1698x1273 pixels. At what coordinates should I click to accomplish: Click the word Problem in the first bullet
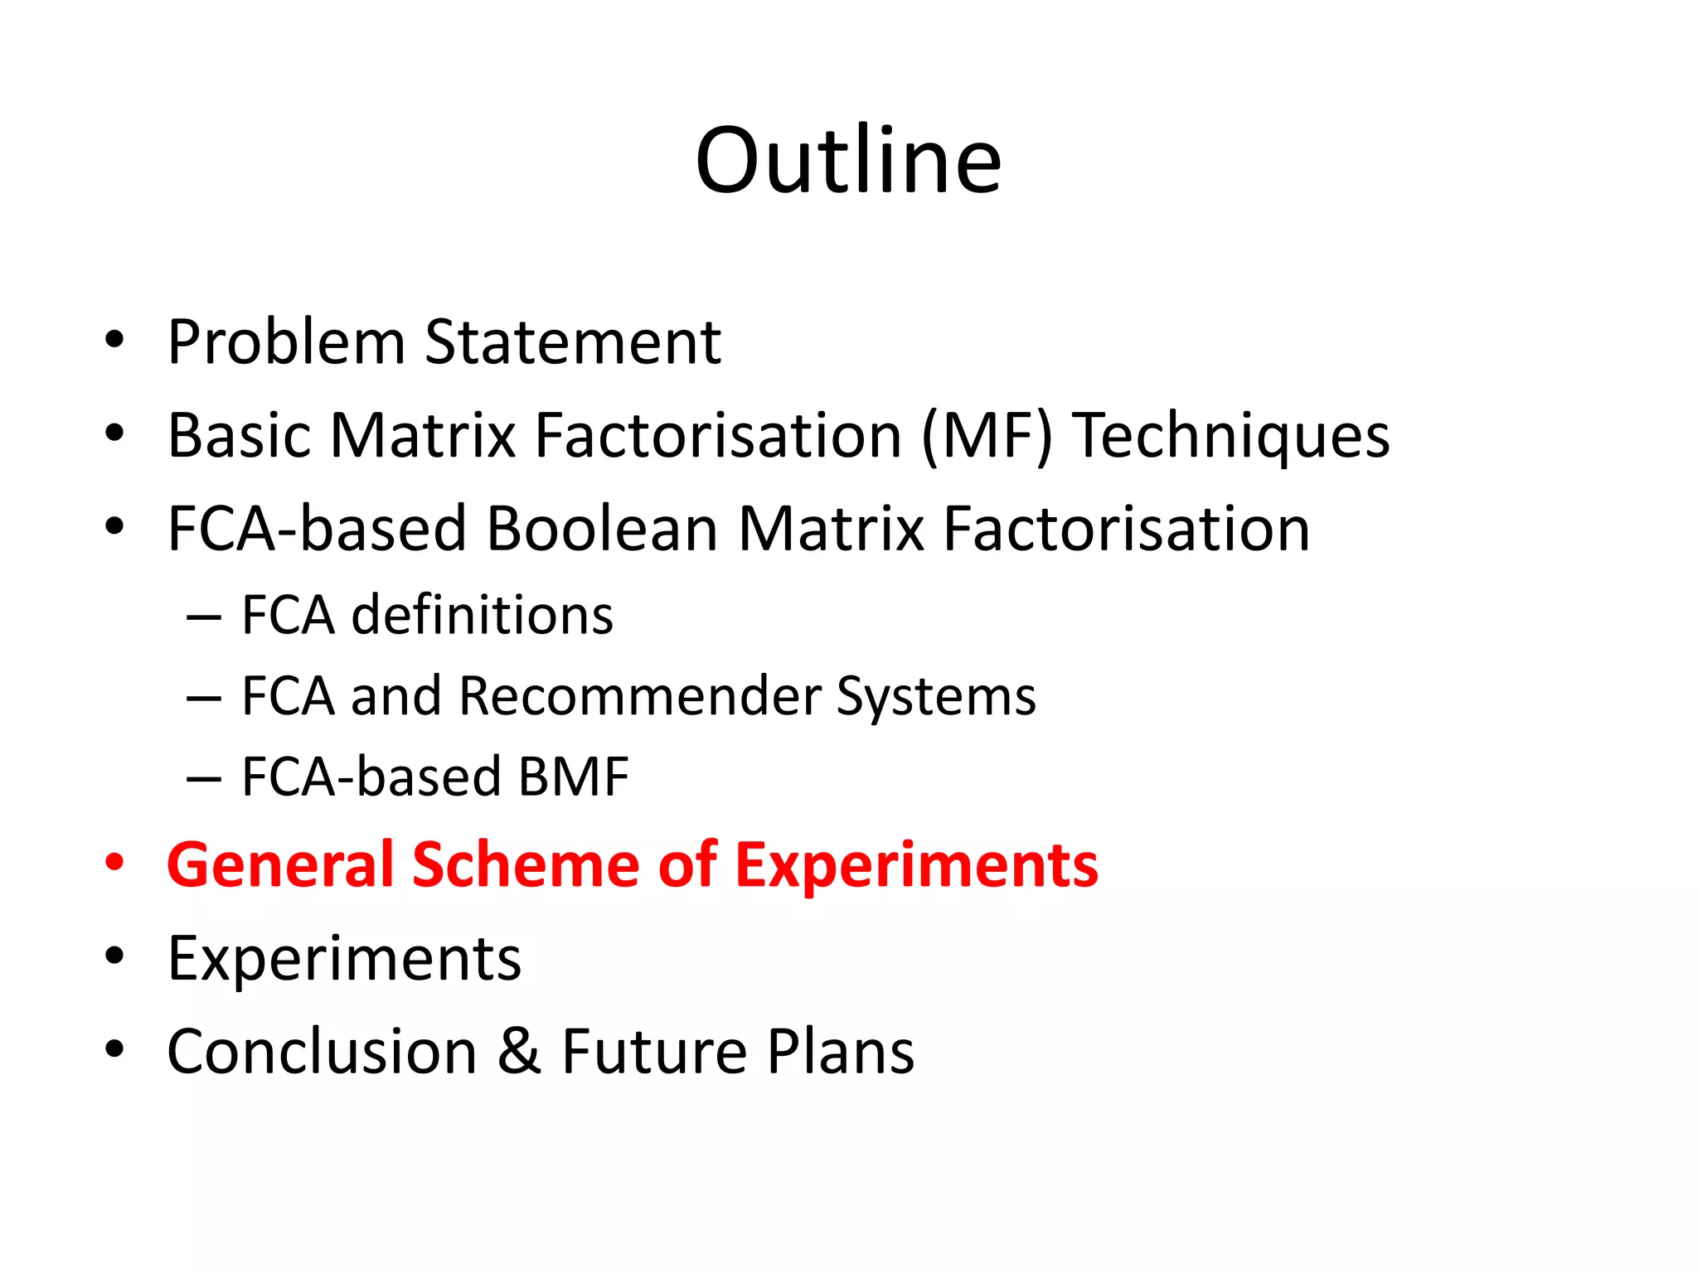coord(285,341)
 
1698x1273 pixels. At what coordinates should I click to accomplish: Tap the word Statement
coord(573,341)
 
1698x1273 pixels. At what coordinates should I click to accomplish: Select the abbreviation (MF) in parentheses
coord(986,436)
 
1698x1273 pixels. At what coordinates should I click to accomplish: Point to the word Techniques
coord(1231,438)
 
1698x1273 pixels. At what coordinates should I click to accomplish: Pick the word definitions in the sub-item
coord(483,616)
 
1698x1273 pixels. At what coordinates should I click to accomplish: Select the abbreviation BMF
coord(573,777)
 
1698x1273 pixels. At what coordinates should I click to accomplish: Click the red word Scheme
coord(526,865)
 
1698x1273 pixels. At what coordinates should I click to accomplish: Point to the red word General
coord(280,865)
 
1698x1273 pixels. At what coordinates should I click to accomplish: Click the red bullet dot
coord(114,864)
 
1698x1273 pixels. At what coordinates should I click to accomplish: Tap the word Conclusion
coord(322,1052)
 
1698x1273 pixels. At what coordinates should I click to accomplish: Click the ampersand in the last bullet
coord(520,1052)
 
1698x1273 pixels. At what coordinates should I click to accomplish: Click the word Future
coord(654,1052)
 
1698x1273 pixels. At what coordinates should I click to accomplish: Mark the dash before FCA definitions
coord(204,618)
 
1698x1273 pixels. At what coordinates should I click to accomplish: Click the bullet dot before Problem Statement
coord(114,340)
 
